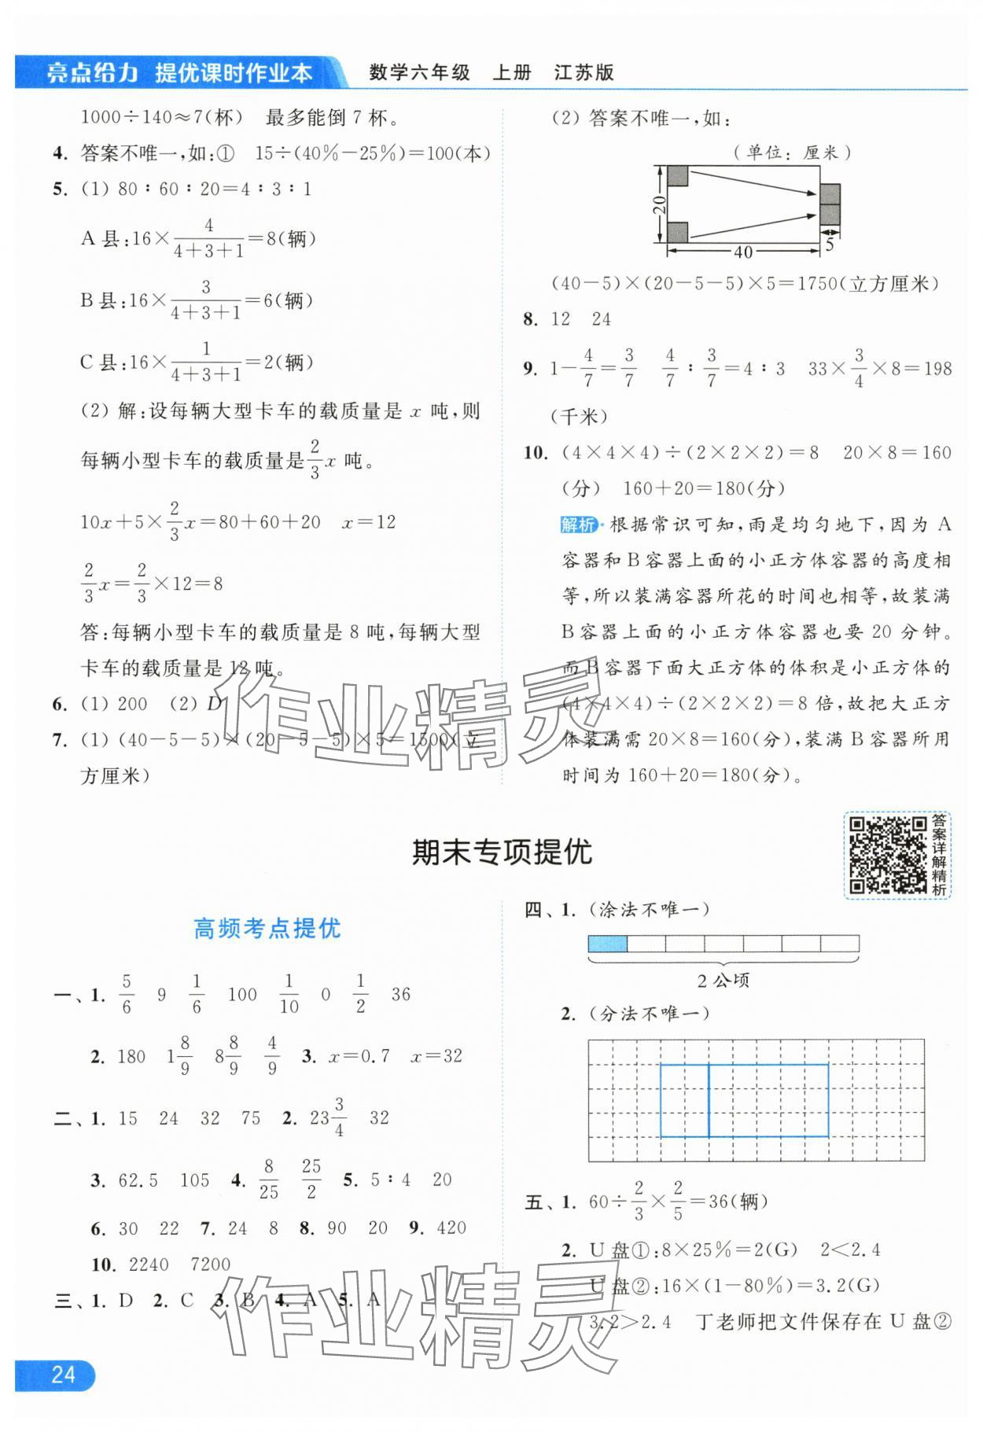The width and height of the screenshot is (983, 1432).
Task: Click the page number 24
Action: pos(63,1374)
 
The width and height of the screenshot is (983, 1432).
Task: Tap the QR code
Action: pos(887,855)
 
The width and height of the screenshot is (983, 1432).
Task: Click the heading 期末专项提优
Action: pos(502,852)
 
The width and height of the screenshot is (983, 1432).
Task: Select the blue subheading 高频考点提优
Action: pos(267,929)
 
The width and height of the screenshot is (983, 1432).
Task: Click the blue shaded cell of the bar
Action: pos(608,944)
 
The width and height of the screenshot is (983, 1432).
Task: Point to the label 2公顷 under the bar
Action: pos(723,981)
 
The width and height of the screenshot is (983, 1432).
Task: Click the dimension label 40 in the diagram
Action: pos(742,252)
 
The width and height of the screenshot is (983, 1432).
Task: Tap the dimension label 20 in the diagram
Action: pos(660,205)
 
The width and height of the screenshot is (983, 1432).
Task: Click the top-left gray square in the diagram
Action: pos(677,176)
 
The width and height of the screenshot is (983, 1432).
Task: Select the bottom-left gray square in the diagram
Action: pos(677,232)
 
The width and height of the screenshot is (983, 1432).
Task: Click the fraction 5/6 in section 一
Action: pos(127,994)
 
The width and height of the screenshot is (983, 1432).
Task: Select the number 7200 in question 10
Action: pos(210,1265)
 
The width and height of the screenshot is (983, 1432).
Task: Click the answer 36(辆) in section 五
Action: pos(738,1201)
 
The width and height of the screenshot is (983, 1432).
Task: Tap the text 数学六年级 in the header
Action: pos(420,73)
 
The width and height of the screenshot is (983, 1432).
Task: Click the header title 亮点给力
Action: pos(92,73)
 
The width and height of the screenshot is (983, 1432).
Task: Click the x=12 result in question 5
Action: pos(369,522)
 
